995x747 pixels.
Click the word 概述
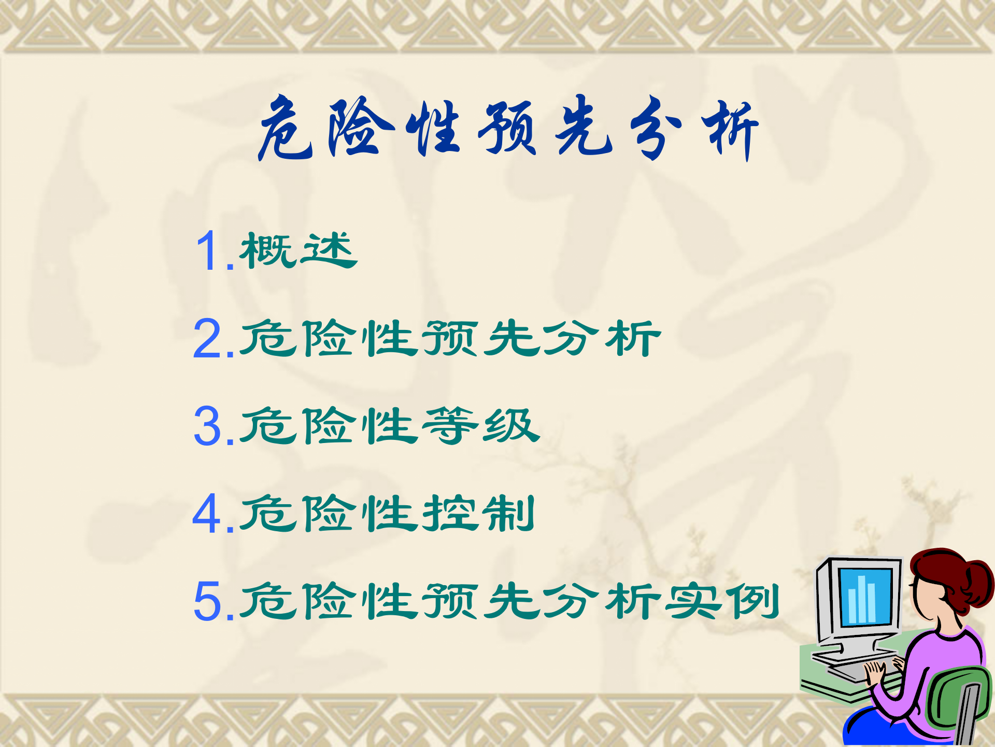pos(298,251)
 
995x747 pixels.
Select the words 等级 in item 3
pos(481,426)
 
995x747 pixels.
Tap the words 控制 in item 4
pos(478,514)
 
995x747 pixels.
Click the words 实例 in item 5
pos(722,601)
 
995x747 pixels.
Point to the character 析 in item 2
pos(633,338)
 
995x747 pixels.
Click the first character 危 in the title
pos(285,128)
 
